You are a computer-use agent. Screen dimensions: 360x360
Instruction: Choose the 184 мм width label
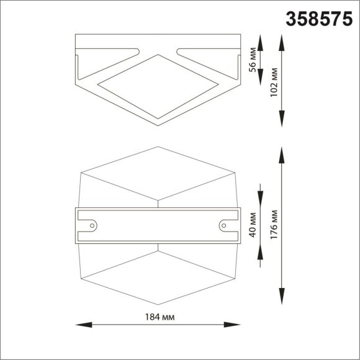158,317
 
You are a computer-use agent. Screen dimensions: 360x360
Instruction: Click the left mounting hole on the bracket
92,224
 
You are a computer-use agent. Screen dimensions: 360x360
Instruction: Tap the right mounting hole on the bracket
224,224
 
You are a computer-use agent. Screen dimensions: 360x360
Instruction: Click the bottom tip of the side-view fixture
158,125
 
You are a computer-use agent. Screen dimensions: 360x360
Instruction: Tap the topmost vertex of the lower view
158,147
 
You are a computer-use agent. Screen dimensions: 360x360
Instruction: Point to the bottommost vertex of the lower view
158,304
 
